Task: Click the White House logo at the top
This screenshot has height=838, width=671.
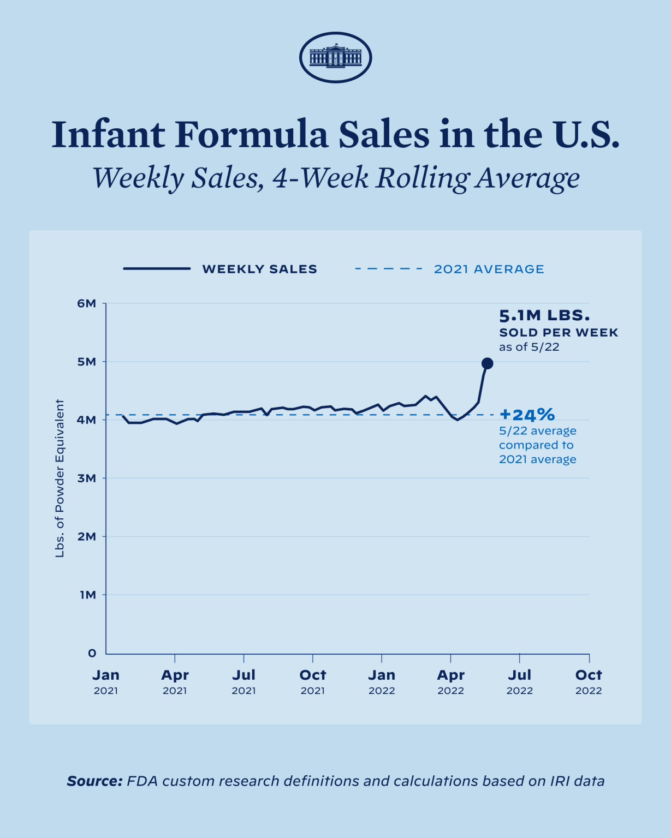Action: tap(335, 57)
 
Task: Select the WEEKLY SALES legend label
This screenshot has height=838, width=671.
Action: tap(259, 269)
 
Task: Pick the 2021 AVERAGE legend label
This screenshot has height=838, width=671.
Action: tap(489, 269)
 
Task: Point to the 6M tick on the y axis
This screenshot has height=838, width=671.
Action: tap(87, 303)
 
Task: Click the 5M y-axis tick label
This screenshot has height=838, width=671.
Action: tap(87, 362)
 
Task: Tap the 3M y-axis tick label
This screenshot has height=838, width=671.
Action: tap(87, 478)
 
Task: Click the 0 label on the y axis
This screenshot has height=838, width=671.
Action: tap(92, 653)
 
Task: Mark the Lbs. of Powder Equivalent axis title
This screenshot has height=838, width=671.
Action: tap(60, 478)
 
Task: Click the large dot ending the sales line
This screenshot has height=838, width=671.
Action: tap(487, 363)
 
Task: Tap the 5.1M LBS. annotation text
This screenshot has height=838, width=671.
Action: tap(544, 315)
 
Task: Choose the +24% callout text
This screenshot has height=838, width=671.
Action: tap(527, 415)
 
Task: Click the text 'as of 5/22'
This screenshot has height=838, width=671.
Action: tap(529, 347)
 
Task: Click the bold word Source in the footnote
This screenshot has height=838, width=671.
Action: tap(94, 781)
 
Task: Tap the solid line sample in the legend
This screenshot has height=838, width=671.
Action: tap(157, 269)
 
